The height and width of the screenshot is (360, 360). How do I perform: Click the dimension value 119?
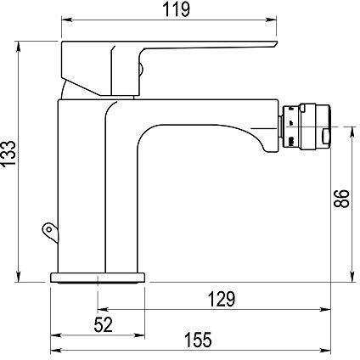176,10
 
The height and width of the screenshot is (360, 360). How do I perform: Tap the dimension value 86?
341,199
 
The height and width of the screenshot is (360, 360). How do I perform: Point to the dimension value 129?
222,299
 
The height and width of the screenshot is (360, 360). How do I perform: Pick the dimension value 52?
103,324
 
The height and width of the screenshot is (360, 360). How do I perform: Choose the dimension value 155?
198,340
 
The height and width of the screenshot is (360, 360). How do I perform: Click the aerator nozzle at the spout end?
305,127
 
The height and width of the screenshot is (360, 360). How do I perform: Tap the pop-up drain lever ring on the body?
50,232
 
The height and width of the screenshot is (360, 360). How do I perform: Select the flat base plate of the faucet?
98,278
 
